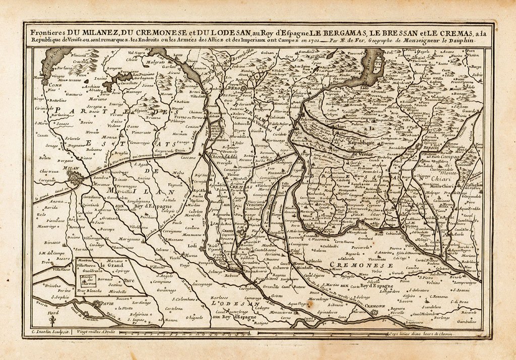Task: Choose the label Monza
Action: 109,137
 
